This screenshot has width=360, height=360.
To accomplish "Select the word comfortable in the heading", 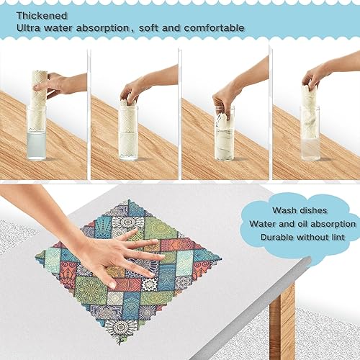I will (x=211, y=28).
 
